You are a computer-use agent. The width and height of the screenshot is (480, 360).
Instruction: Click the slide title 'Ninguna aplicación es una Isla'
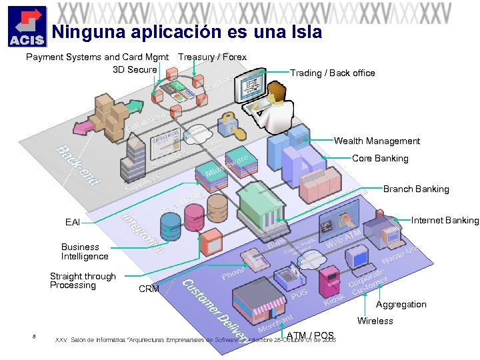coord(187,32)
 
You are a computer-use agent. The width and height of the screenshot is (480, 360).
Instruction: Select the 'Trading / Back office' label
coord(332,73)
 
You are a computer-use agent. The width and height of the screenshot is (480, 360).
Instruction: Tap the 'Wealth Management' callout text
coord(377,141)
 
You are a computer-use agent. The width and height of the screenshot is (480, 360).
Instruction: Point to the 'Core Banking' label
coord(380,158)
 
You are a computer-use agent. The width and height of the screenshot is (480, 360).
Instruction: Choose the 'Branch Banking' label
coord(416,189)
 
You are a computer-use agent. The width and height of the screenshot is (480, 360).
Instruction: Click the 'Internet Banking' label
coord(445,220)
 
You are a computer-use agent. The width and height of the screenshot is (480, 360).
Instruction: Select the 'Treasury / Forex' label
coord(212,57)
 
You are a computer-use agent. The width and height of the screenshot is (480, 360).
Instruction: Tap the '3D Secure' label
coord(135,69)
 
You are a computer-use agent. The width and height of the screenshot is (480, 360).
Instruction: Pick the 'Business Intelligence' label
coord(85,251)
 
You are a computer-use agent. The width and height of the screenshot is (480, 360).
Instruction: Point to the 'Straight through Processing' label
coord(83,281)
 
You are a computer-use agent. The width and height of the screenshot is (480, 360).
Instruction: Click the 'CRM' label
coord(149,289)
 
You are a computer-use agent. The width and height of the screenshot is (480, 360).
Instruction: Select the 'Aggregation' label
coord(401,304)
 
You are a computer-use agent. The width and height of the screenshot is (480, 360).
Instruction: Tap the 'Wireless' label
coord(375,321)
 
